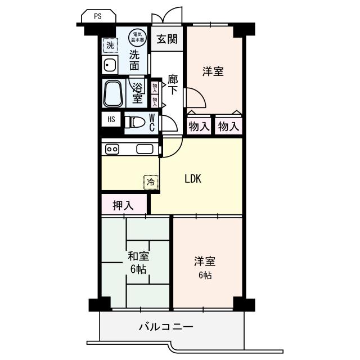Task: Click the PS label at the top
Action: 98,16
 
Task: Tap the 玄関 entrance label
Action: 167,39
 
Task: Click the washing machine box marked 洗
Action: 110,44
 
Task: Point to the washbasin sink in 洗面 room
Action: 109,65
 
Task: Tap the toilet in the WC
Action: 136,122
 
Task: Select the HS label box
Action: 111,119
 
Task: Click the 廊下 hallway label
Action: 173,85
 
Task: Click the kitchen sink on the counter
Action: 145,149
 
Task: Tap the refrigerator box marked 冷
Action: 150,182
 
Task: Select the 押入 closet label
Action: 124,205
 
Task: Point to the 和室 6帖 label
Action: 138,263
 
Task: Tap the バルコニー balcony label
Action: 166,327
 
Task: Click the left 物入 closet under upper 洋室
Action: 199,127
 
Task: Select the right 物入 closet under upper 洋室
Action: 228,127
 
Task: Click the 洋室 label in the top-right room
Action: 213,72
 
